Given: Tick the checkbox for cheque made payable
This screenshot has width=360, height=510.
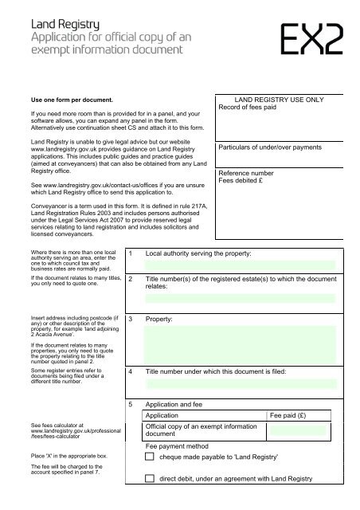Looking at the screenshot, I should click(x=151, y=457).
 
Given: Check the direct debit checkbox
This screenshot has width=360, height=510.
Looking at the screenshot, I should click(x=151, y=479).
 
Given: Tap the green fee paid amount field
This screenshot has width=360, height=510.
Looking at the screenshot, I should click(x=298, y=430).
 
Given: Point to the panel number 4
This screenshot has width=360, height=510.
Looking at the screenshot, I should click(x=130, y=371).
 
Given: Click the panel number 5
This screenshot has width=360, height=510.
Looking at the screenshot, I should click(x=130, y=404).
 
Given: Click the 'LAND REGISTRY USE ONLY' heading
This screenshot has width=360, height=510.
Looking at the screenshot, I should click(x=272, y=100).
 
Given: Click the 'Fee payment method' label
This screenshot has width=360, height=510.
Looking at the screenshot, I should click(x=178, y=446).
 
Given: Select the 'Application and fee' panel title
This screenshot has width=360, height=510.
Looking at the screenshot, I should click(x=180, y=404).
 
